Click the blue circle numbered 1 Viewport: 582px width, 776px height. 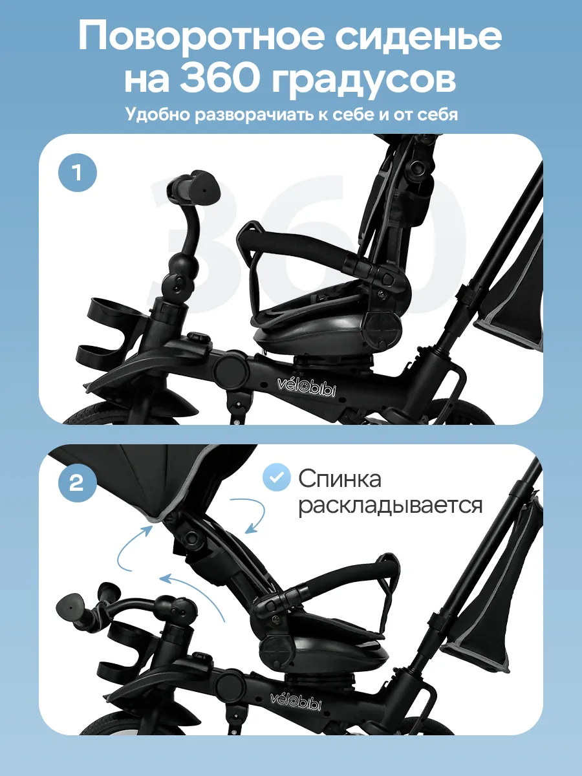pyautogui.click(x=78, y=173)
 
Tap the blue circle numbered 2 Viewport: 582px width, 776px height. pyautogui.click(x=78, y=482)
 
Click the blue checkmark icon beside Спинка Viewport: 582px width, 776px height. pyautogui.click(x=276, y=477)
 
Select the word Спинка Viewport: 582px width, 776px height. pyautogui.click(x=340, y=479)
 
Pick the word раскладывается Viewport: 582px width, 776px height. pyautogui.click(x=391, y=506)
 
